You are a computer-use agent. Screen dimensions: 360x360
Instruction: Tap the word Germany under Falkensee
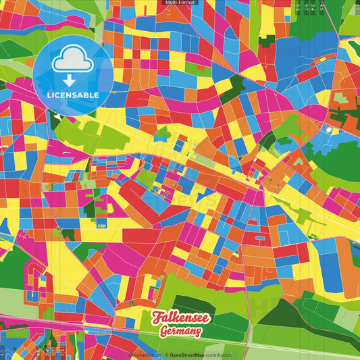180,332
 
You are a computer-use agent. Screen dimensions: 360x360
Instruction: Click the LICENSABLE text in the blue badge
73,95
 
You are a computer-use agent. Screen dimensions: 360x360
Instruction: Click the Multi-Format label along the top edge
179,3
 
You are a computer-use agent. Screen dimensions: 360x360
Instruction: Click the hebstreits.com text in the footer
145,355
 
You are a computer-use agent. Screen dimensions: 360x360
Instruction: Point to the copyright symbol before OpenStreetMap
166,355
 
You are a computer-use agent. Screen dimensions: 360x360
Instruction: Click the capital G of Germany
164,332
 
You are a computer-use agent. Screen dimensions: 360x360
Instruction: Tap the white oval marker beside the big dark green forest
329,128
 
